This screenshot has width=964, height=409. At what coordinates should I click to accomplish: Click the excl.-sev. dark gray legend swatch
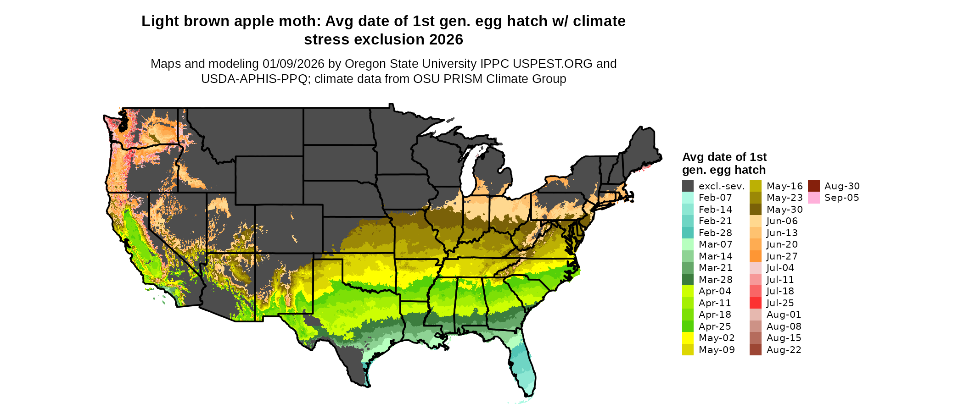coord(688,186)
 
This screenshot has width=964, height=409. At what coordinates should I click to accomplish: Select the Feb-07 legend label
coord(715,198)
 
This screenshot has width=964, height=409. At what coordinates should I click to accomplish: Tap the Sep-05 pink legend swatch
coord(813,198)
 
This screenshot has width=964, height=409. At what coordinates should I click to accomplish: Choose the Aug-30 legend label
coord(842,186)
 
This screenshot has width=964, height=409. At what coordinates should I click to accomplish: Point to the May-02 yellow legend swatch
coord(688,338)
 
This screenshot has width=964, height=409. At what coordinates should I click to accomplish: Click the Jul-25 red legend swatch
coord(755,303)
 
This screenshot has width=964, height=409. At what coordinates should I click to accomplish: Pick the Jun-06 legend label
coord(782,221)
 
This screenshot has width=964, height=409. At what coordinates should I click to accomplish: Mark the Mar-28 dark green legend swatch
coord(688,280)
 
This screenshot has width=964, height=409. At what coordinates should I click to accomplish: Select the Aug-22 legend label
coord(784,350)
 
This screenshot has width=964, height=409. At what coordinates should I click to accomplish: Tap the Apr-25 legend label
coord(715,326)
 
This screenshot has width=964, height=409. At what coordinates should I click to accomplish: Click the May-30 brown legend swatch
coord(755,210)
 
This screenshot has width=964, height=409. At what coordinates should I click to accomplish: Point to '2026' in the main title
coord(446,39)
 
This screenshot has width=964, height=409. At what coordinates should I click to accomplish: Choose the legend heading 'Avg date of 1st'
coord(724,157)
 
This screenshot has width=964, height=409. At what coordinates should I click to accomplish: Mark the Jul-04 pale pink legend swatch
coord(755,268)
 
